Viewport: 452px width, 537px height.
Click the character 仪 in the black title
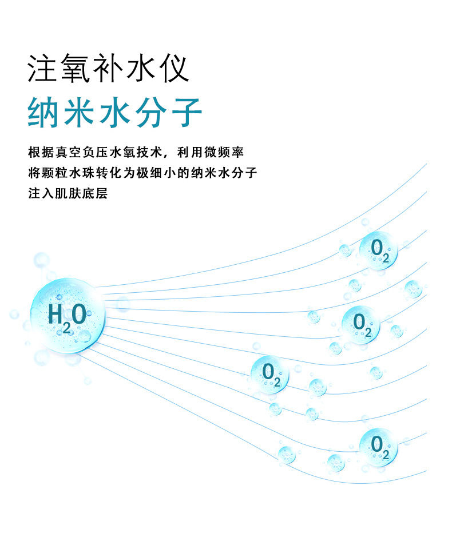pyautogui.click(x=174, y=69)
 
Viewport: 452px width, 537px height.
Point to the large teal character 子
pyautogui.click(x=187, y=112)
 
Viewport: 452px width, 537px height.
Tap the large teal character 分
pyautogui.click(x=151, y=112)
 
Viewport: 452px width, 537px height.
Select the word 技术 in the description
pyautogui.click(x=149, y=152)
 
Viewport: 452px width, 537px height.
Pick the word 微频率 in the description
pyautogui.click(x=224, y=152)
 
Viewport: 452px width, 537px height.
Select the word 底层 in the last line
pyautogui.click(x=96, y=193)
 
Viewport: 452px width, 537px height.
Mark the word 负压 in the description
pyautogui.click(x=96, y=152)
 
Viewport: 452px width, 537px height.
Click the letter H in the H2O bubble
pyautogui.click(x=55, y=314)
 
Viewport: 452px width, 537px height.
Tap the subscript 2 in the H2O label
pyautogui.click(x=66, y=328)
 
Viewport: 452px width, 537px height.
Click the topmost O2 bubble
pyautogui.click(x=379, y=250)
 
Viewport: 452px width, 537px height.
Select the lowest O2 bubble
pyautogui.click(x=379, y=447)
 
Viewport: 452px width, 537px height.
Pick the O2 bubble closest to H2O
pyautogui.click(x=270, y=375)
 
